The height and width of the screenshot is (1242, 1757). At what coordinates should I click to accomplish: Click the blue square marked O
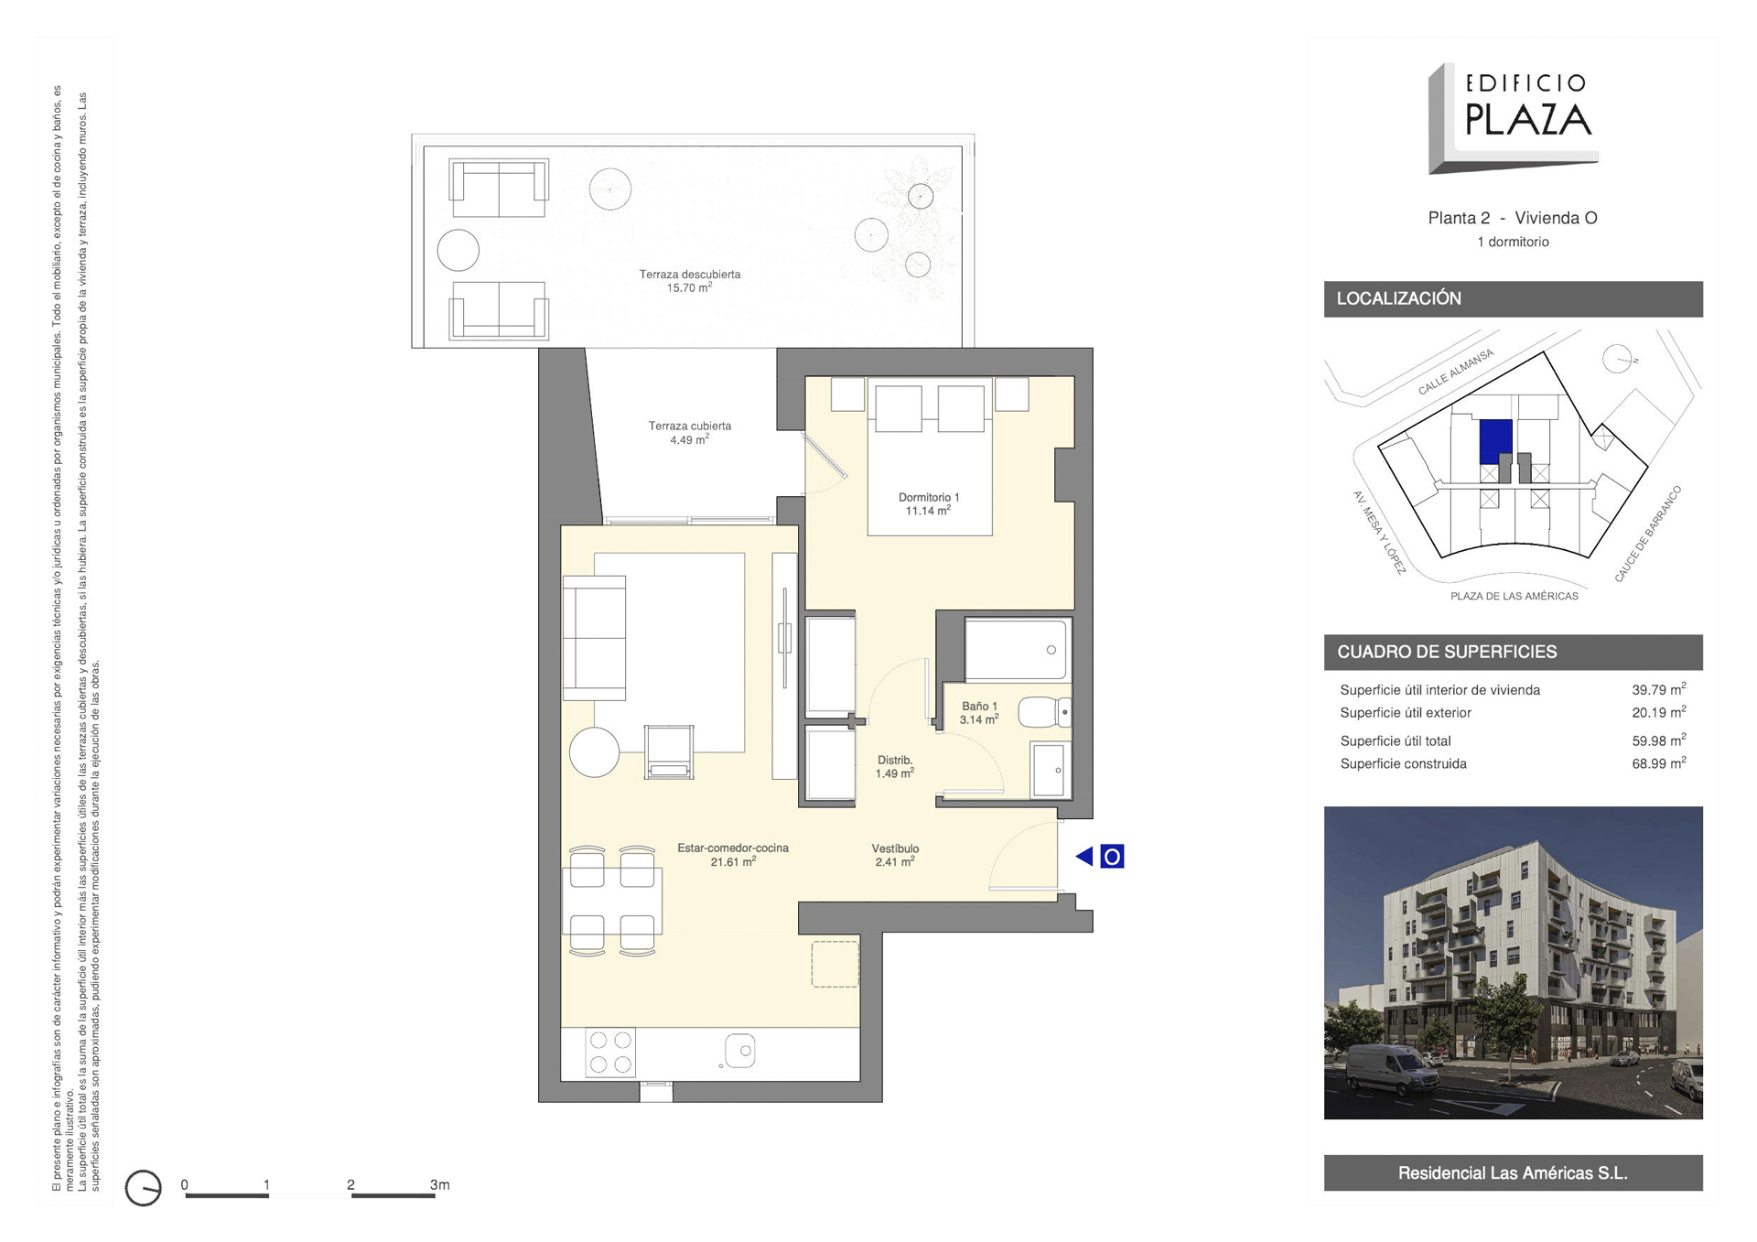tap(1112, 857)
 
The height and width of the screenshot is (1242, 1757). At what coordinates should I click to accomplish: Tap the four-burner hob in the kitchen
tap(610, 1053)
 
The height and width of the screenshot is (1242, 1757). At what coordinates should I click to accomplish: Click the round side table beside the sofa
tap(595, 752)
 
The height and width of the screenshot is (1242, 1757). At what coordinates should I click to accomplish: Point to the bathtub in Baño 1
tap(1017, 649)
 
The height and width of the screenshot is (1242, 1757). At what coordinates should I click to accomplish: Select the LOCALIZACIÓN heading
tap(1398, 298)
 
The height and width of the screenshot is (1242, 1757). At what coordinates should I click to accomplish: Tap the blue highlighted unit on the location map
tap(1495, 442)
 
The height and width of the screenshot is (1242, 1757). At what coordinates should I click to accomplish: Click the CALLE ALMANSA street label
tap(1456, 373)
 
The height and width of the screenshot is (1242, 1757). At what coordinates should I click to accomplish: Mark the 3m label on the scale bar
tap(440, 1184)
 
